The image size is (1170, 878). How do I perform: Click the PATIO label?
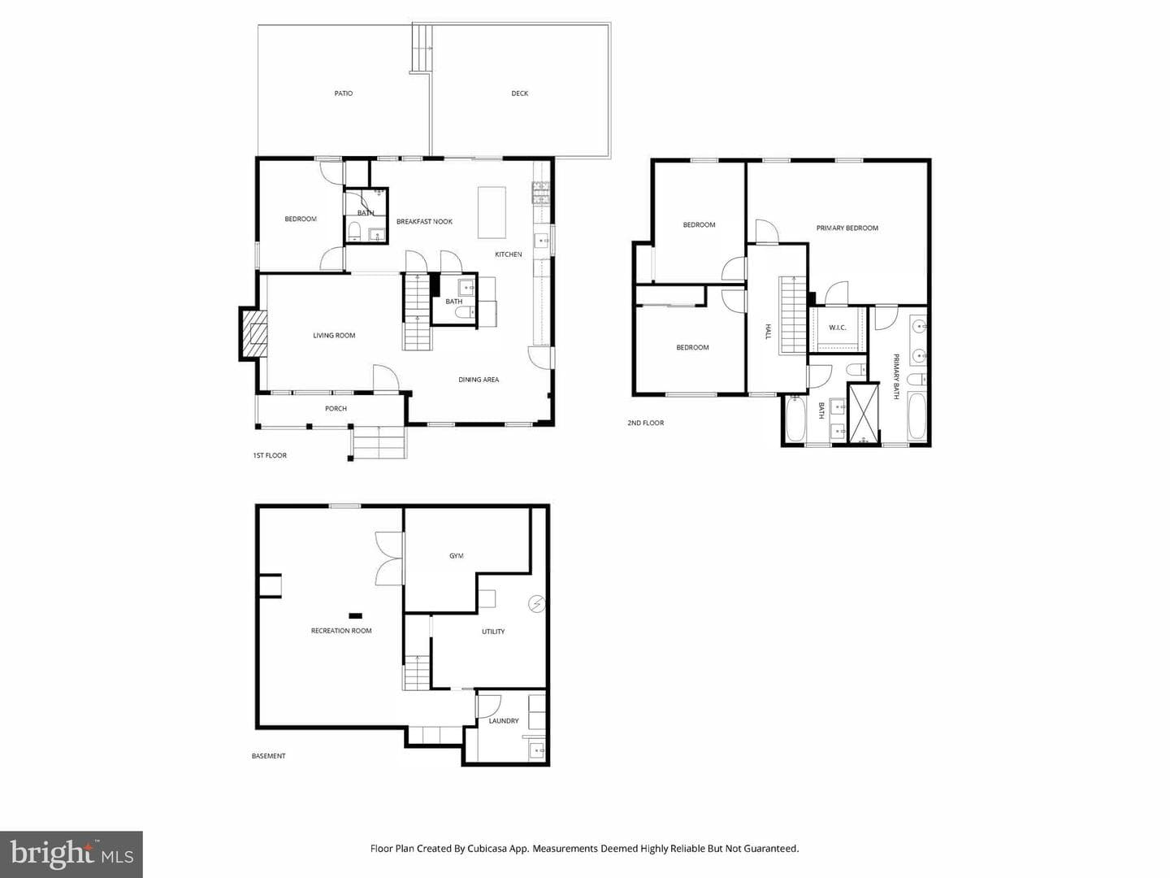(x=343, y=93)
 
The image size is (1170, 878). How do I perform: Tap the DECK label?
(x=520, y=93)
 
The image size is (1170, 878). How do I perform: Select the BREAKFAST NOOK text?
(x=424, y=222)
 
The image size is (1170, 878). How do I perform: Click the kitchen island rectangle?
(x=492, y=212)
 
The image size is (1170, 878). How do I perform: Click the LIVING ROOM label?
(x=334, y=335)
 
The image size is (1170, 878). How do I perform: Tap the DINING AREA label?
(x=479, y=380)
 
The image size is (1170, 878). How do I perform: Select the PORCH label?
(x=336, y=408)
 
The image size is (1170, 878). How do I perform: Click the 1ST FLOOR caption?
(x=270, y=455)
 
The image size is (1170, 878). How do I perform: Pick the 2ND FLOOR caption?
(x=645, y=423)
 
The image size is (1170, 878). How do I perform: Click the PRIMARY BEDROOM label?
(x=847, y=228)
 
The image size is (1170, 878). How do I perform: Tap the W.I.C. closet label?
(x=838, y=328)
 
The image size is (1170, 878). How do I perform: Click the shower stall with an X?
(x=863, y=413)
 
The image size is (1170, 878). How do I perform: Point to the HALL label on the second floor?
(x=768, y=332)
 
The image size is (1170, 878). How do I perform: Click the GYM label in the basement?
(x=457, y=555)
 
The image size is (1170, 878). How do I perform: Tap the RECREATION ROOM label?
(x=341, y=631)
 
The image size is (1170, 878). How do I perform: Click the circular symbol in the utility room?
(x=536, y=603)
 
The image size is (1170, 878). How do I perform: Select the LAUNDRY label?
(x=504, y=721)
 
